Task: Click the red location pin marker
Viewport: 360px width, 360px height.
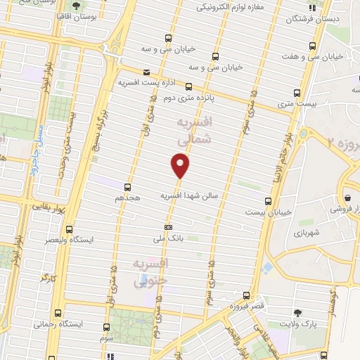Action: pyautogui.click(x=181, y=165)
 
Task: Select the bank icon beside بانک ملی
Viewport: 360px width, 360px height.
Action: pyautogui.click(x=168, y=227)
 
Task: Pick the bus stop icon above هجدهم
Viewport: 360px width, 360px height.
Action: pyautogui.click(x=127, y=187)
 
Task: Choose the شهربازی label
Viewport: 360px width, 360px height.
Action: pyautogui.click(x=307, y=231)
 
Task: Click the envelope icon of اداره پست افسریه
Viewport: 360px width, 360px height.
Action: pyautogui.click(x=146, y=72)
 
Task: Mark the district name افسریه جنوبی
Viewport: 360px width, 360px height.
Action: pyautogui.click(x=149, y=273)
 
